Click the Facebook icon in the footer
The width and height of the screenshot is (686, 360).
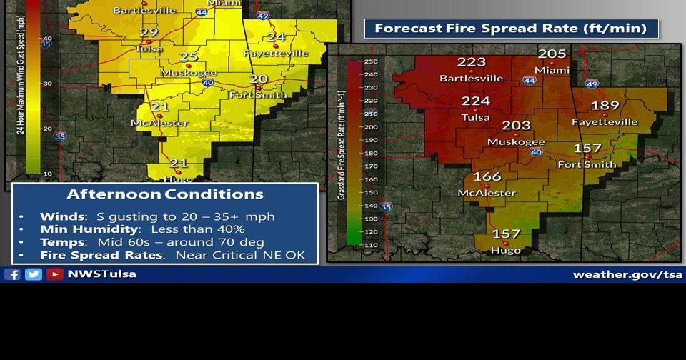pyautogui.click(x=12, y=274)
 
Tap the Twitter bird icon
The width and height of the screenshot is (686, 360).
pyautogui.click(x=34, y=274)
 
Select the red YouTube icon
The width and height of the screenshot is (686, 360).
pyautogui.click(x=55, y=274)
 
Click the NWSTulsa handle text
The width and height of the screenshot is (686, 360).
pyautogui.click(x=101, y=274)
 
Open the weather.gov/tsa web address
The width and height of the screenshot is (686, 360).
pyautogui.click(x=627, y=274)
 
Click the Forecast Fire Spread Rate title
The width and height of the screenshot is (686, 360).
pyautogui.click(x=510, y=29)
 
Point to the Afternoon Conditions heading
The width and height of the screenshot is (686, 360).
pyautogui.click(x=165, y=194)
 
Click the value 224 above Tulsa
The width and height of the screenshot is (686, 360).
pyautogui.click(x=476, y=101)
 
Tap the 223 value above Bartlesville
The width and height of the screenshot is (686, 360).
pyautogui.click(x=472, y=62)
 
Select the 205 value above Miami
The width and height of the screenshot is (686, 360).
pyautogui.click(x=552, y=54)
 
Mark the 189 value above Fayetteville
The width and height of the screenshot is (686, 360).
pyautogui.click(x=605, y=106)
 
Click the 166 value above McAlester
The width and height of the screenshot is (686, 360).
pyautogui.click(x=487, y=176)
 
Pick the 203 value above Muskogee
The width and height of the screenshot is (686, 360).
pyautogui.click(x=516, y=126)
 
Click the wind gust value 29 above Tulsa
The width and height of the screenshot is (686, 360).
pyautogui.click(x=149, y=33)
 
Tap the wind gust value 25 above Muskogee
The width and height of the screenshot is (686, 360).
pyautogui.click(x=189, y=57)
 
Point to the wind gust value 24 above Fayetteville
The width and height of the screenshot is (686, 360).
pyautogui.click(x=276, y=37)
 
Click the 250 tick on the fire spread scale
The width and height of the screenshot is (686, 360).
pyautogui.click(x=371, y=61)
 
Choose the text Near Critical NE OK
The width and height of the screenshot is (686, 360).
pyautogui.click(x=240, y=255)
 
